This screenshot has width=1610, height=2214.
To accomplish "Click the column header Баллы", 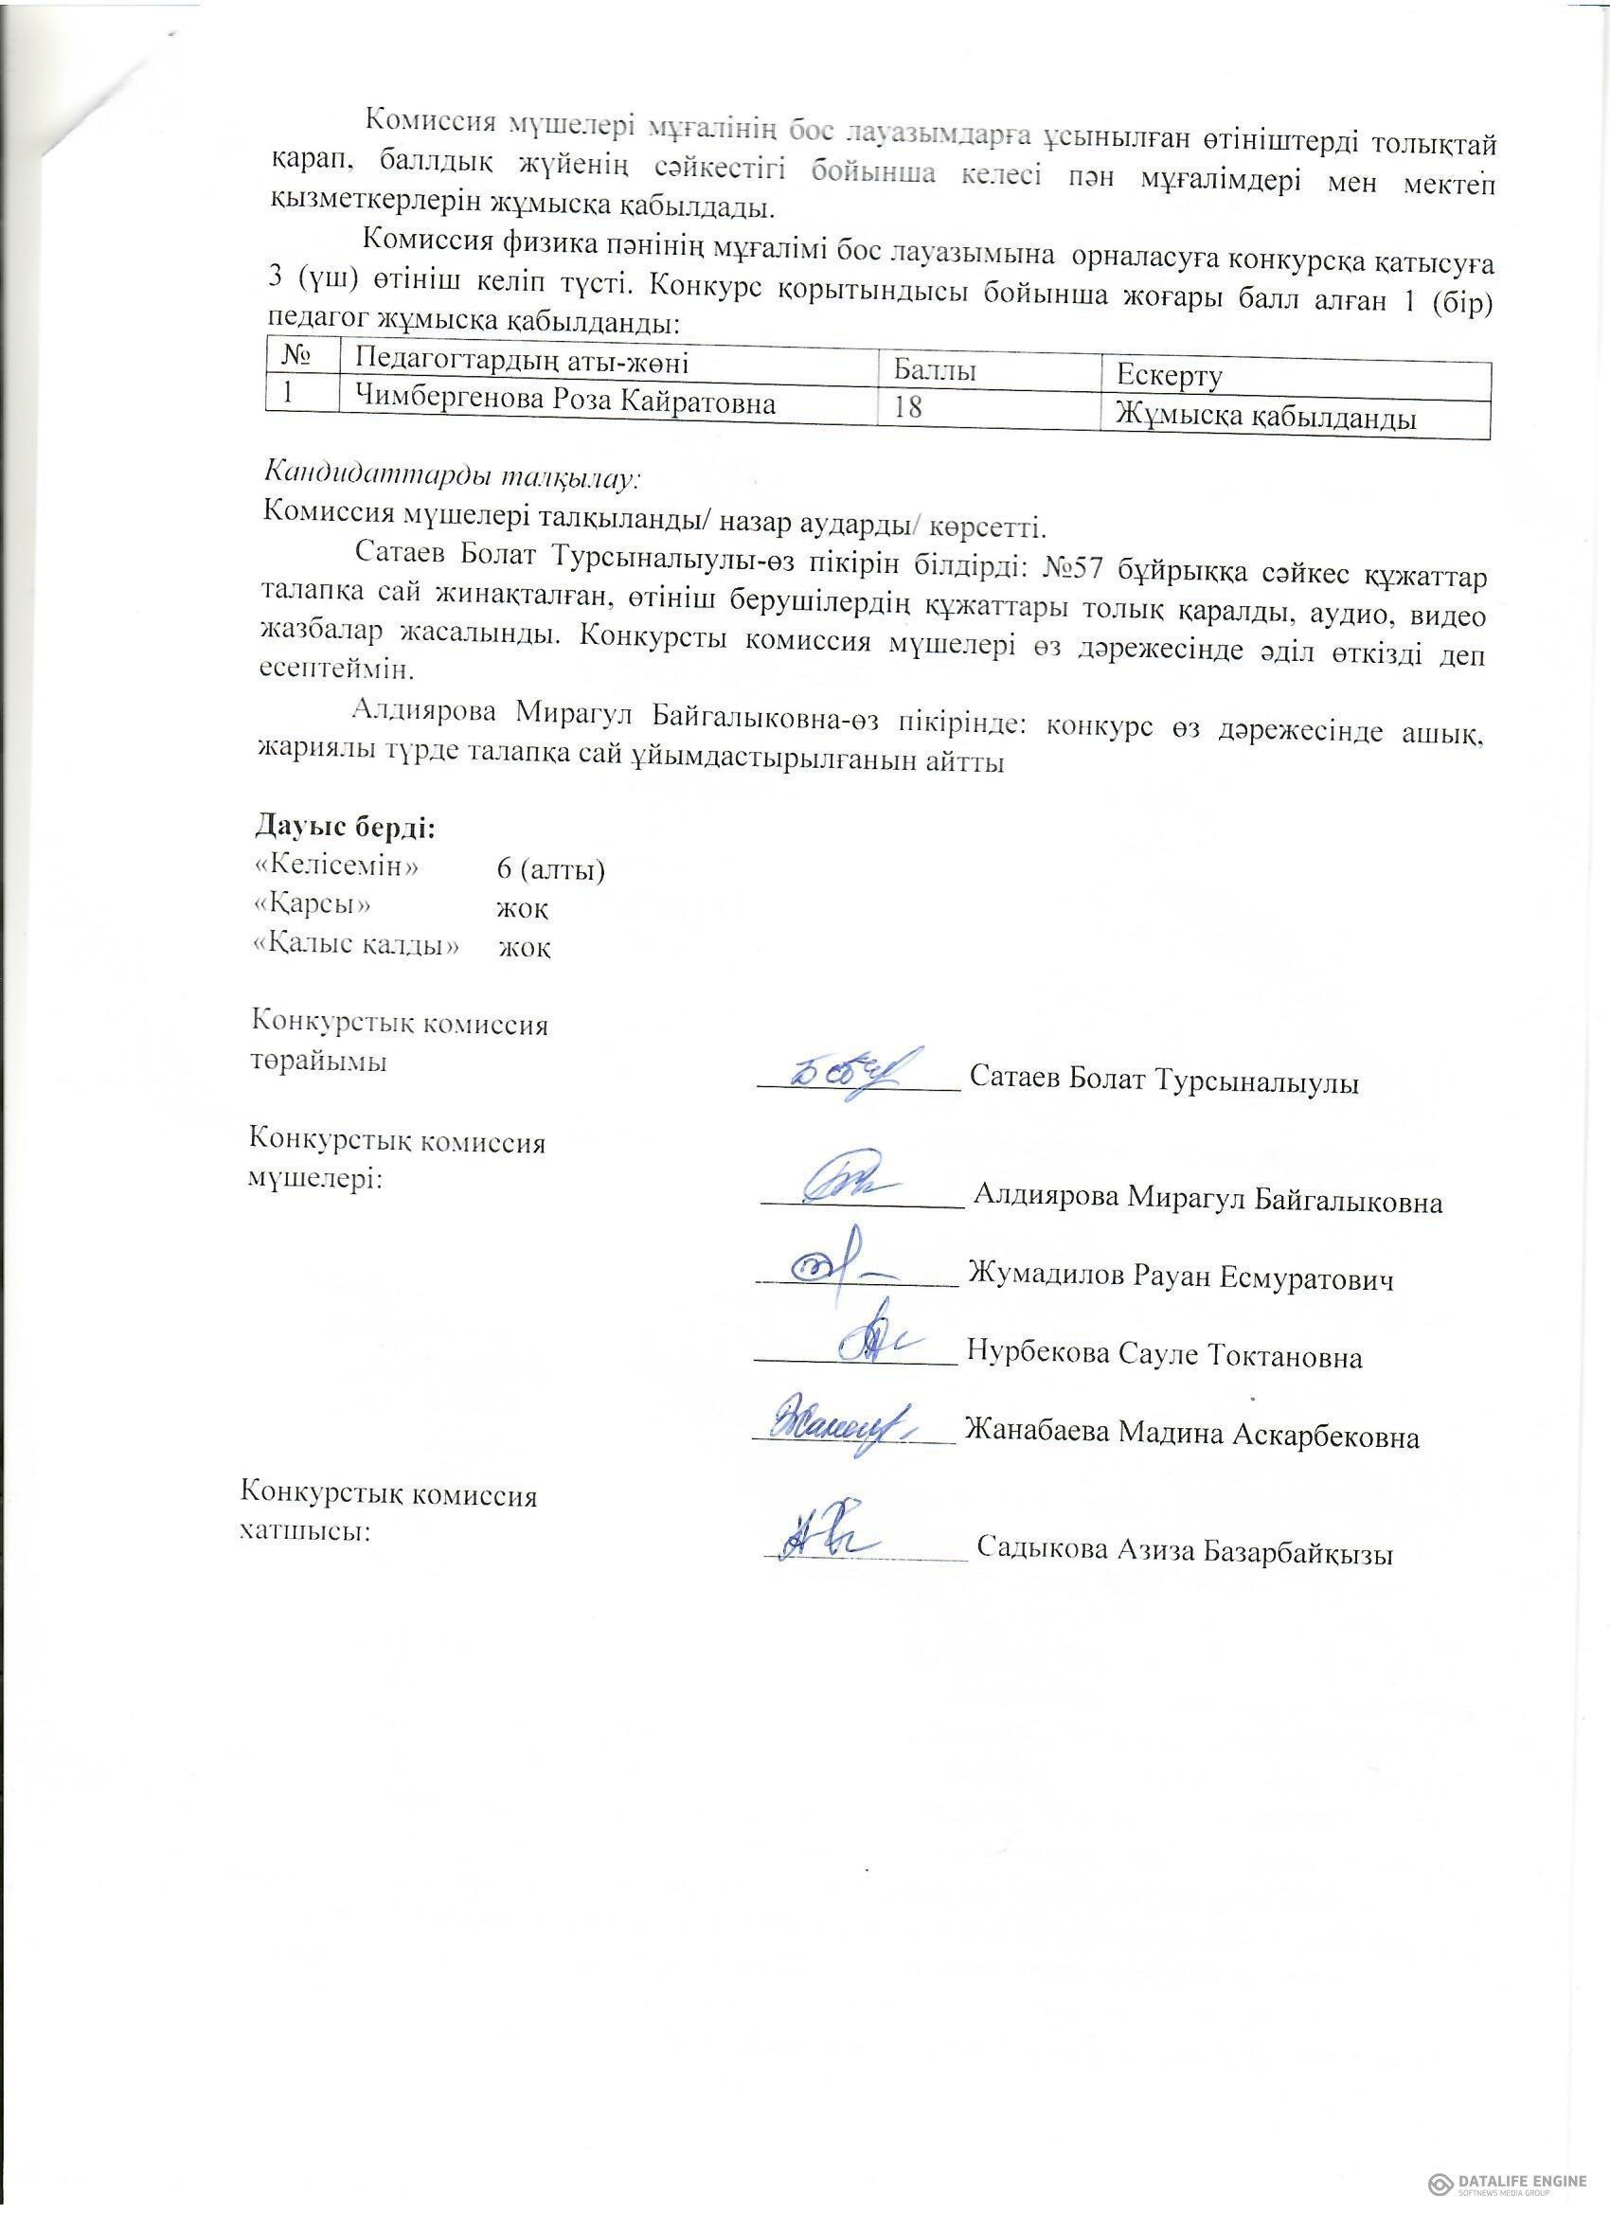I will [x=935, y=370].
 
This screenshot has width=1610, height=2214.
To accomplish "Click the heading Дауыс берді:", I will [x=345, y=826].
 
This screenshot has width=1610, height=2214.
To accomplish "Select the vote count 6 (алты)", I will [x=550, y=868].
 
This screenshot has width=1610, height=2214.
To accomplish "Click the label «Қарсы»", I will [x=313, y=904].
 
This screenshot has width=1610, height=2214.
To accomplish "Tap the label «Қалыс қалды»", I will [x=355, y=945].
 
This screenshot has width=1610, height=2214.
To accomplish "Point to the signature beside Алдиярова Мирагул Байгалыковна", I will [x=850, y=1182].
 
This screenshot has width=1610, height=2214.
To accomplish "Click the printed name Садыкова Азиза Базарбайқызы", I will [x=1183, y=1549].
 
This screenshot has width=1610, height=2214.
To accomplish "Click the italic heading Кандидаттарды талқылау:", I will [x=452, y=476].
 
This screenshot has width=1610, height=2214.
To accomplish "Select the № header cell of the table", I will [x=302, y=356].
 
